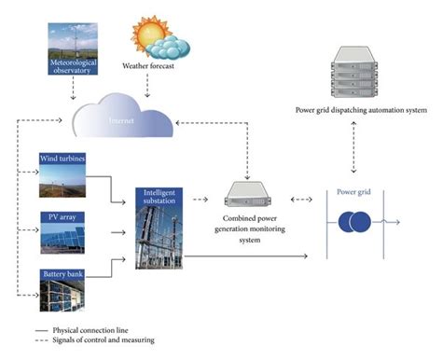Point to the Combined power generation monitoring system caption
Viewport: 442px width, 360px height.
click(253, 229)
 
